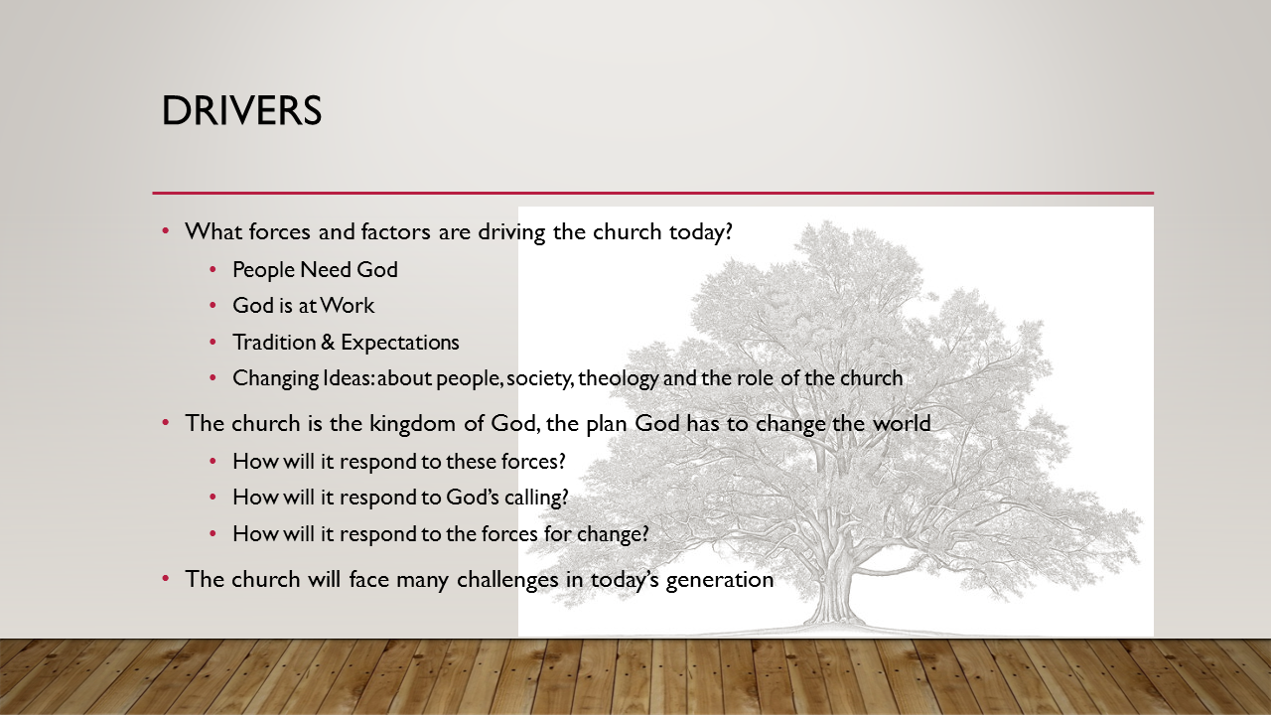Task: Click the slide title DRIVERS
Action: pyautogui.click(x=241, y=111)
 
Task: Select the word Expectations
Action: pyautogui.click(x=400, y=343)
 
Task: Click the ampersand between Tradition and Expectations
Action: pyautogui.click(x=329, y=343)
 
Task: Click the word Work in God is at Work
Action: pyautogui.click(x=348, y=306)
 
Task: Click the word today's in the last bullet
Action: pyautogui.click(x=619, y=580)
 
